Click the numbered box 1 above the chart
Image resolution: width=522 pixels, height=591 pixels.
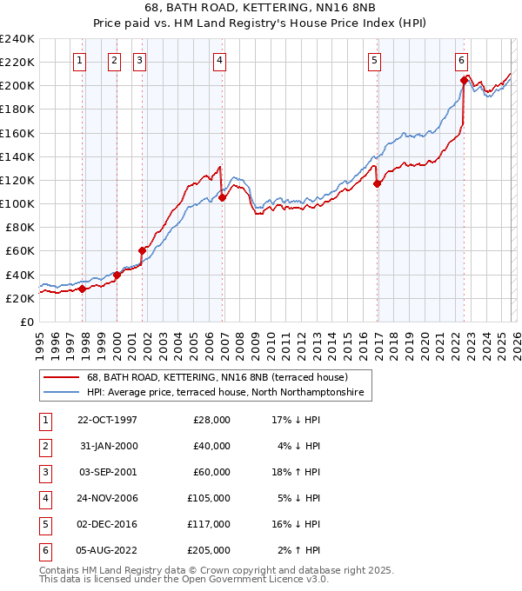(79, 60)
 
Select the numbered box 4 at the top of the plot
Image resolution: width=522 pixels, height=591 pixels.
(218, 60)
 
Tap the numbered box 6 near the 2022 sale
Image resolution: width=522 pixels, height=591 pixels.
(461, 60)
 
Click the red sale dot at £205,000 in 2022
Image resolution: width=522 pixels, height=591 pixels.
(464, 80)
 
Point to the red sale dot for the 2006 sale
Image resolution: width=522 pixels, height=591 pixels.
(223, 197)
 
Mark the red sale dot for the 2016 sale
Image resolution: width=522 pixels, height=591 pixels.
(377, 183)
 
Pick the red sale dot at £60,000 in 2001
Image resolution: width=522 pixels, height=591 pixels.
(142, 250)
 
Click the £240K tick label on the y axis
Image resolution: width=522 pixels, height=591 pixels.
(17, 38)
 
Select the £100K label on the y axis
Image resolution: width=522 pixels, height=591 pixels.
(17, 203)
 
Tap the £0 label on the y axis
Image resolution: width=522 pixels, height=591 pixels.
(26, 322)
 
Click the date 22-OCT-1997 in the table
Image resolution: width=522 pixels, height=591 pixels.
(107, 420)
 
